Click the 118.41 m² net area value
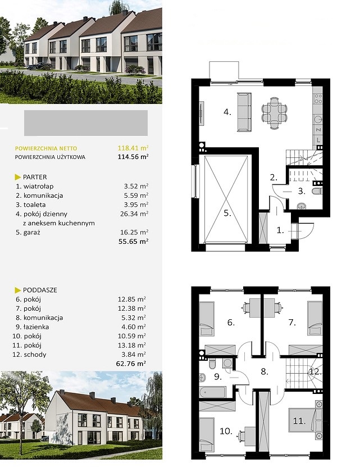coord(133,148)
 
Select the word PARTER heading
coord(35,177)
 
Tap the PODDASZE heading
coord(40,290)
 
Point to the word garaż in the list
coord(32,233)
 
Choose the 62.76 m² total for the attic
coord(131,364)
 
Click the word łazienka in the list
coord(37,327)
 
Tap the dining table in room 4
coord(274,114)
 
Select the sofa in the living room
coord(244,112)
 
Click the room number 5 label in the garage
coord(227,213)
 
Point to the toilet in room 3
coord(317,191)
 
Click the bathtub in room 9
coord(212,392)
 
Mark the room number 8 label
coord(264,371)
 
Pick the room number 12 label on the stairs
coord(315,371)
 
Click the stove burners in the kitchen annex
coord(318,98)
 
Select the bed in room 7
coord(315,319)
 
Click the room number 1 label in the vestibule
coord(280,230)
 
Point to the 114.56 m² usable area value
coord(133,157)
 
